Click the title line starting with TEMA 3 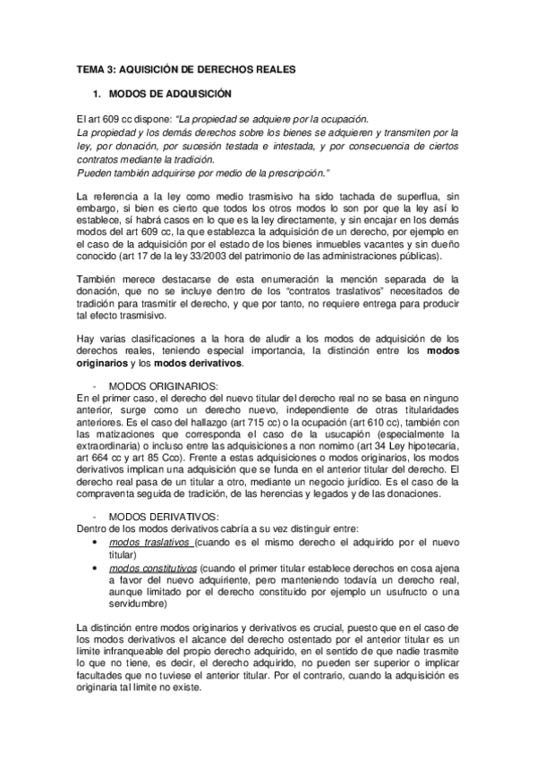[180, 69]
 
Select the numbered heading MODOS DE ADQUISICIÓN [169, 94]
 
